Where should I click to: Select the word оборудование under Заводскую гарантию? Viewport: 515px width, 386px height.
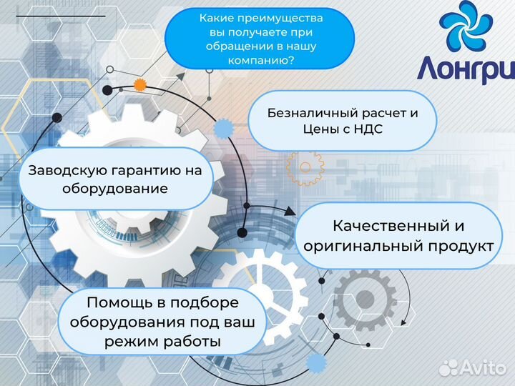(114, 189)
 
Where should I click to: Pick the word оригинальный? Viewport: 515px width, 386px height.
(360, 246)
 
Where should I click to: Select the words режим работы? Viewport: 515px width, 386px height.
(162, 342)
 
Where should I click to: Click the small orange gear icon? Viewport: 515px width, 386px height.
(140, 84)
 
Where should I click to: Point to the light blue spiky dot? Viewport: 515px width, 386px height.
(225, 129)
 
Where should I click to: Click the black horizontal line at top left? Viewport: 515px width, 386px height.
(60, 15)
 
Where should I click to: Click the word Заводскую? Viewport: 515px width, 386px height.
(66, 171)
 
